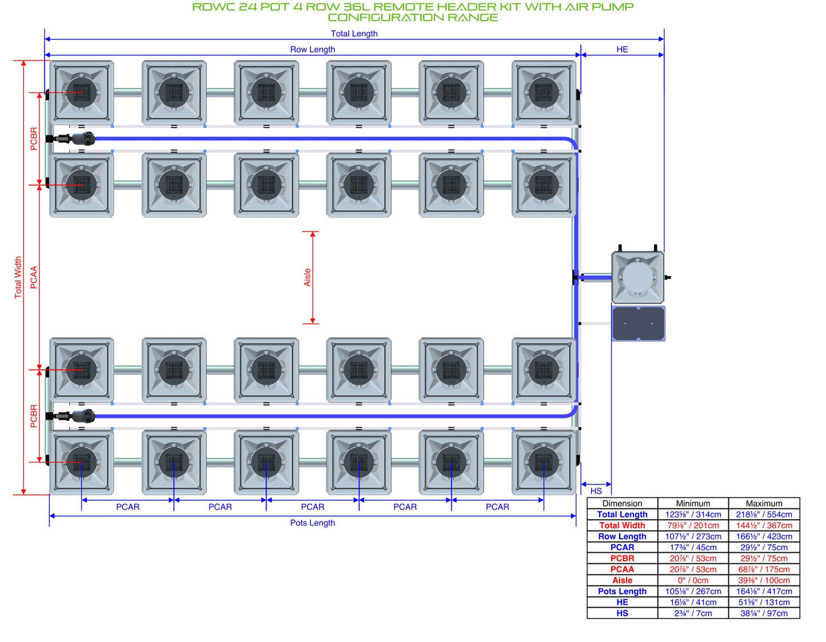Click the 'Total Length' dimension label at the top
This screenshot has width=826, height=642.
[353, 34]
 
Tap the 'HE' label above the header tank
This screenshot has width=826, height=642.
[621, 49]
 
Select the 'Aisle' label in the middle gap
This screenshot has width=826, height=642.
[307, 277]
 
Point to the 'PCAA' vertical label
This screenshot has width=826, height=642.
[34, 277]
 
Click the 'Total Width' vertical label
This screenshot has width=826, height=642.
[18, 277]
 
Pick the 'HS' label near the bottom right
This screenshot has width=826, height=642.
[596, 491]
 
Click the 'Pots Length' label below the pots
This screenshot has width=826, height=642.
[312, 523]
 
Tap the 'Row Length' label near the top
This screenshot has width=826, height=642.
[312, 49]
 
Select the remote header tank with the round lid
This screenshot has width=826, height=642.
[637, 277]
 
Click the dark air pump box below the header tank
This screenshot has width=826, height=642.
[638, 324]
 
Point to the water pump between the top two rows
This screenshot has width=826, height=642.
[74, 139]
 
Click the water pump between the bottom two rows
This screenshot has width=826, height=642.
[74, 416]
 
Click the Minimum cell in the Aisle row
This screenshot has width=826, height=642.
[693, 580]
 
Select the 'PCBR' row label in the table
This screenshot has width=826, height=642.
[622, 558]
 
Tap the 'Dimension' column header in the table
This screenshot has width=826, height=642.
[622, 503]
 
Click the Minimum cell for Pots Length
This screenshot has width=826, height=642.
[693, 591]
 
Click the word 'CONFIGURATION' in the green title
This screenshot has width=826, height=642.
[385, 18]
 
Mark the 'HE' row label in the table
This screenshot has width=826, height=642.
[622, 602]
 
